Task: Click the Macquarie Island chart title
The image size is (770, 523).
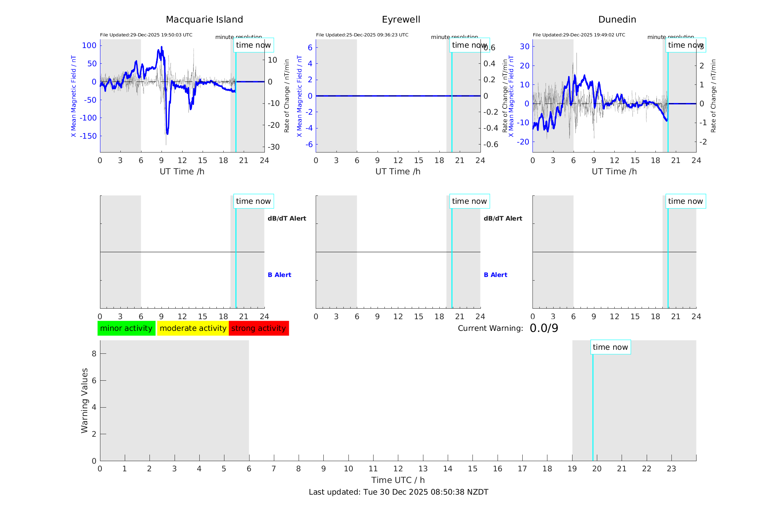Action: (204, 20)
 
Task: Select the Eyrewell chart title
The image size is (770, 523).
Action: (401, 20)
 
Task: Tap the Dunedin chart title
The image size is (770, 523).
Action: (617, 20)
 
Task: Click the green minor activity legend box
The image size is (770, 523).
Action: (126, 328)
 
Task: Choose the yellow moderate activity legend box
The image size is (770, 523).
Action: (193, 328)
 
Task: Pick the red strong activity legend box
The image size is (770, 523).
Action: (259, 328)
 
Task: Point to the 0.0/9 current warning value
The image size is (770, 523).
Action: (544, 328)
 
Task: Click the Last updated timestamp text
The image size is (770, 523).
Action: (398, 492)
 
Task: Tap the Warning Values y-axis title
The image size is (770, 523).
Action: (85, 400)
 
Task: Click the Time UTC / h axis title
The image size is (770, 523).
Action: (398, 480)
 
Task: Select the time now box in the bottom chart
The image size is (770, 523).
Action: (610, 347)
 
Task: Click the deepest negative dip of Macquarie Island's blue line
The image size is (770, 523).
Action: (167, 133)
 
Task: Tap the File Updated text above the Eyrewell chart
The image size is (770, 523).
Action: (362, 35)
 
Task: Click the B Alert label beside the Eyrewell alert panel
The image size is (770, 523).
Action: (495, 275)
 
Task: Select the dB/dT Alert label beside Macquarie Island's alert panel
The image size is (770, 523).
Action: (287, 218)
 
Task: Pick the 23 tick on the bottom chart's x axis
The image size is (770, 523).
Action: (671, 469)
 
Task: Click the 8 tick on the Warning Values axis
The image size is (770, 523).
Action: (94, 353)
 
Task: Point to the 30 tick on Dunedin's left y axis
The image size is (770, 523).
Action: (524, 47)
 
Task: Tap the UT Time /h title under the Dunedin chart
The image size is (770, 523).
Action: (614, 171)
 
